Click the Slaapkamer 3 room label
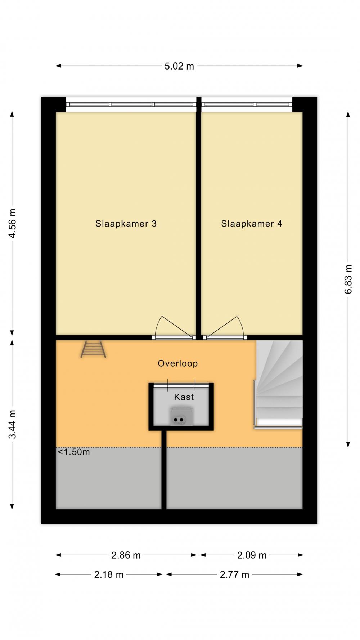[x=126, y=224]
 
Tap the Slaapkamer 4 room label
[x=252, y=224]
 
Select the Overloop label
[x=178, y=363]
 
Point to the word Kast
[x=184, y=397]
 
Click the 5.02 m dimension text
[x=179, y=66]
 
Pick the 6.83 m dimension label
[x=348, y=279]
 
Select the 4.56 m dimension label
[x=12, y=223]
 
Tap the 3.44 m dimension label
[x=12, y=425]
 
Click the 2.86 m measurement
[x=126, y=555]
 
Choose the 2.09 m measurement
[x=252, y=555]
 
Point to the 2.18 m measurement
[x=109, y=575]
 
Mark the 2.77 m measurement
[x=234, y=575]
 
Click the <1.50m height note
[x=74, y=452]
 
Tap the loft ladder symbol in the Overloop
[x=93, y=349]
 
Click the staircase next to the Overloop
[x=279, y=384]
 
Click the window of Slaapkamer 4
[x=247, y=104]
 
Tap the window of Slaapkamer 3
[x=131, y=104]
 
